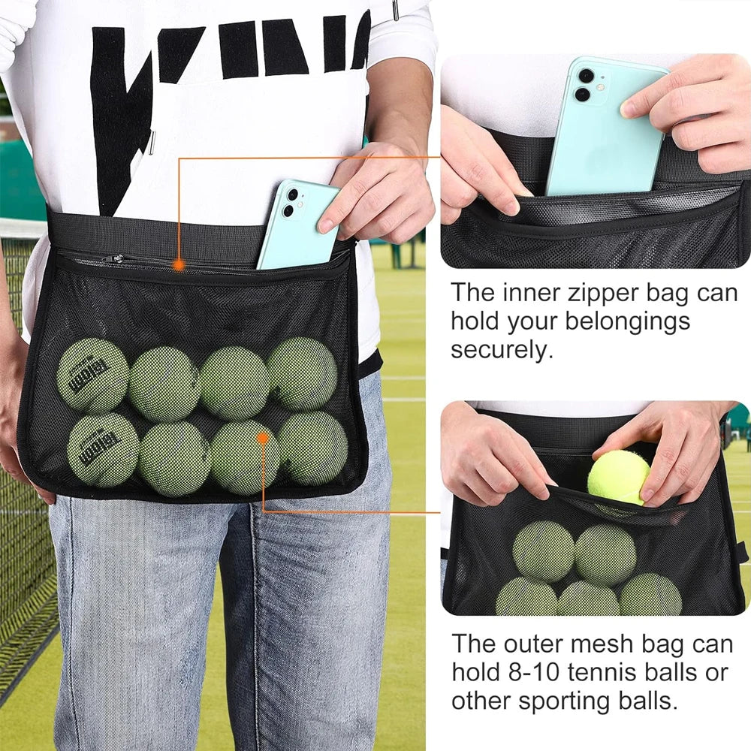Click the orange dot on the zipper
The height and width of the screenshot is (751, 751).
[x=178, y=264]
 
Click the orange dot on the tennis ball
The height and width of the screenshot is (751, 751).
[x=263, y=436]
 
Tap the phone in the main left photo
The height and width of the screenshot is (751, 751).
[x=295, y=225]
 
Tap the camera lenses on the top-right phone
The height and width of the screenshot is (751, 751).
[x=583, y=85]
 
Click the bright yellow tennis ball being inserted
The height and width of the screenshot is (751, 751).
[x=619, y=478]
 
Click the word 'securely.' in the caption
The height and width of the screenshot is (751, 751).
[x=501, y=349]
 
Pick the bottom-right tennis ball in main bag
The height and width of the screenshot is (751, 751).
[x=312, y=448]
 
